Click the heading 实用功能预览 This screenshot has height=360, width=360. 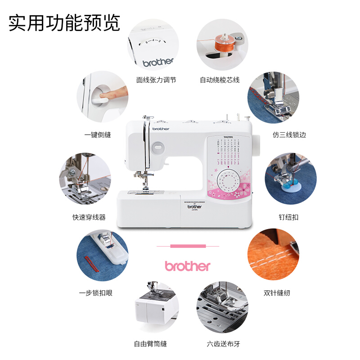coord(65,22)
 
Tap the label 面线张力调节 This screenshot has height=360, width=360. coord(156,80)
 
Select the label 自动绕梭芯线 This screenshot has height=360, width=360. coord(220,80)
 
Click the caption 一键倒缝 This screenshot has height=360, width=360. coord(98,135)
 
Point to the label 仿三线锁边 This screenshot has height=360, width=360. coord(289,135)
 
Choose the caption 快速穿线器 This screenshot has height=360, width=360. coord(89,217)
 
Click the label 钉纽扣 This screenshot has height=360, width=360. coord(288,217)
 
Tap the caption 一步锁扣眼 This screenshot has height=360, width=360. coord(95,292)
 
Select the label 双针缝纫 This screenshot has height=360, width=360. coord(277,292)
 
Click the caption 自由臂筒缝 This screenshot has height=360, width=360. coord(150,344)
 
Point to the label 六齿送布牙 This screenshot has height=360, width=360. coord(224,344)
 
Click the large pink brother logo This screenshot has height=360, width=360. coord(188,266)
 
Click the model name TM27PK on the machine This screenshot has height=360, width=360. coord(229,137)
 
